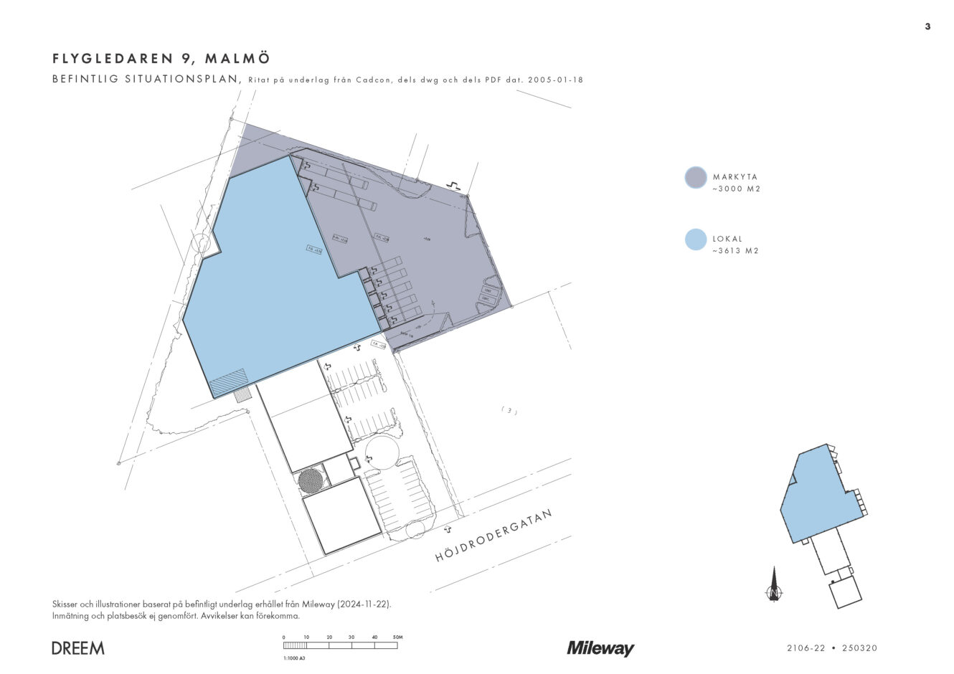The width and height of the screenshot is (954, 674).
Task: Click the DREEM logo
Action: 78,648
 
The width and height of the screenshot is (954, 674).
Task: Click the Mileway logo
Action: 600,648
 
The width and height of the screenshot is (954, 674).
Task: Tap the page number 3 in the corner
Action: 927,27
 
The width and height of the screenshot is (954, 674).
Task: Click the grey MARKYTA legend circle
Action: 696,177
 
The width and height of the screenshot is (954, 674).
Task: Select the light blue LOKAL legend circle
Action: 696,239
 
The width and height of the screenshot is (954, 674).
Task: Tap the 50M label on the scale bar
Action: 397,637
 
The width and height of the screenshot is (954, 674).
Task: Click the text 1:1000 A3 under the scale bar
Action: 296,658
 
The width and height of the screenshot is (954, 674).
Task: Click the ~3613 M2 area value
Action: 735,252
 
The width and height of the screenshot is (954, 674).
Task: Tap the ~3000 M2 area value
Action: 736,189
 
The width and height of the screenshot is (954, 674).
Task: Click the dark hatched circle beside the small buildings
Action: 310,480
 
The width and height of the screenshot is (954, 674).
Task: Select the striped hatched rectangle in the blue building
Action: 229,382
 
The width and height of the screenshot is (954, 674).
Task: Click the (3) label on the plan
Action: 509,411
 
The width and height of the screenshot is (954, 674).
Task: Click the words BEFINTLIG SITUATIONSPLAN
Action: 146,80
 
